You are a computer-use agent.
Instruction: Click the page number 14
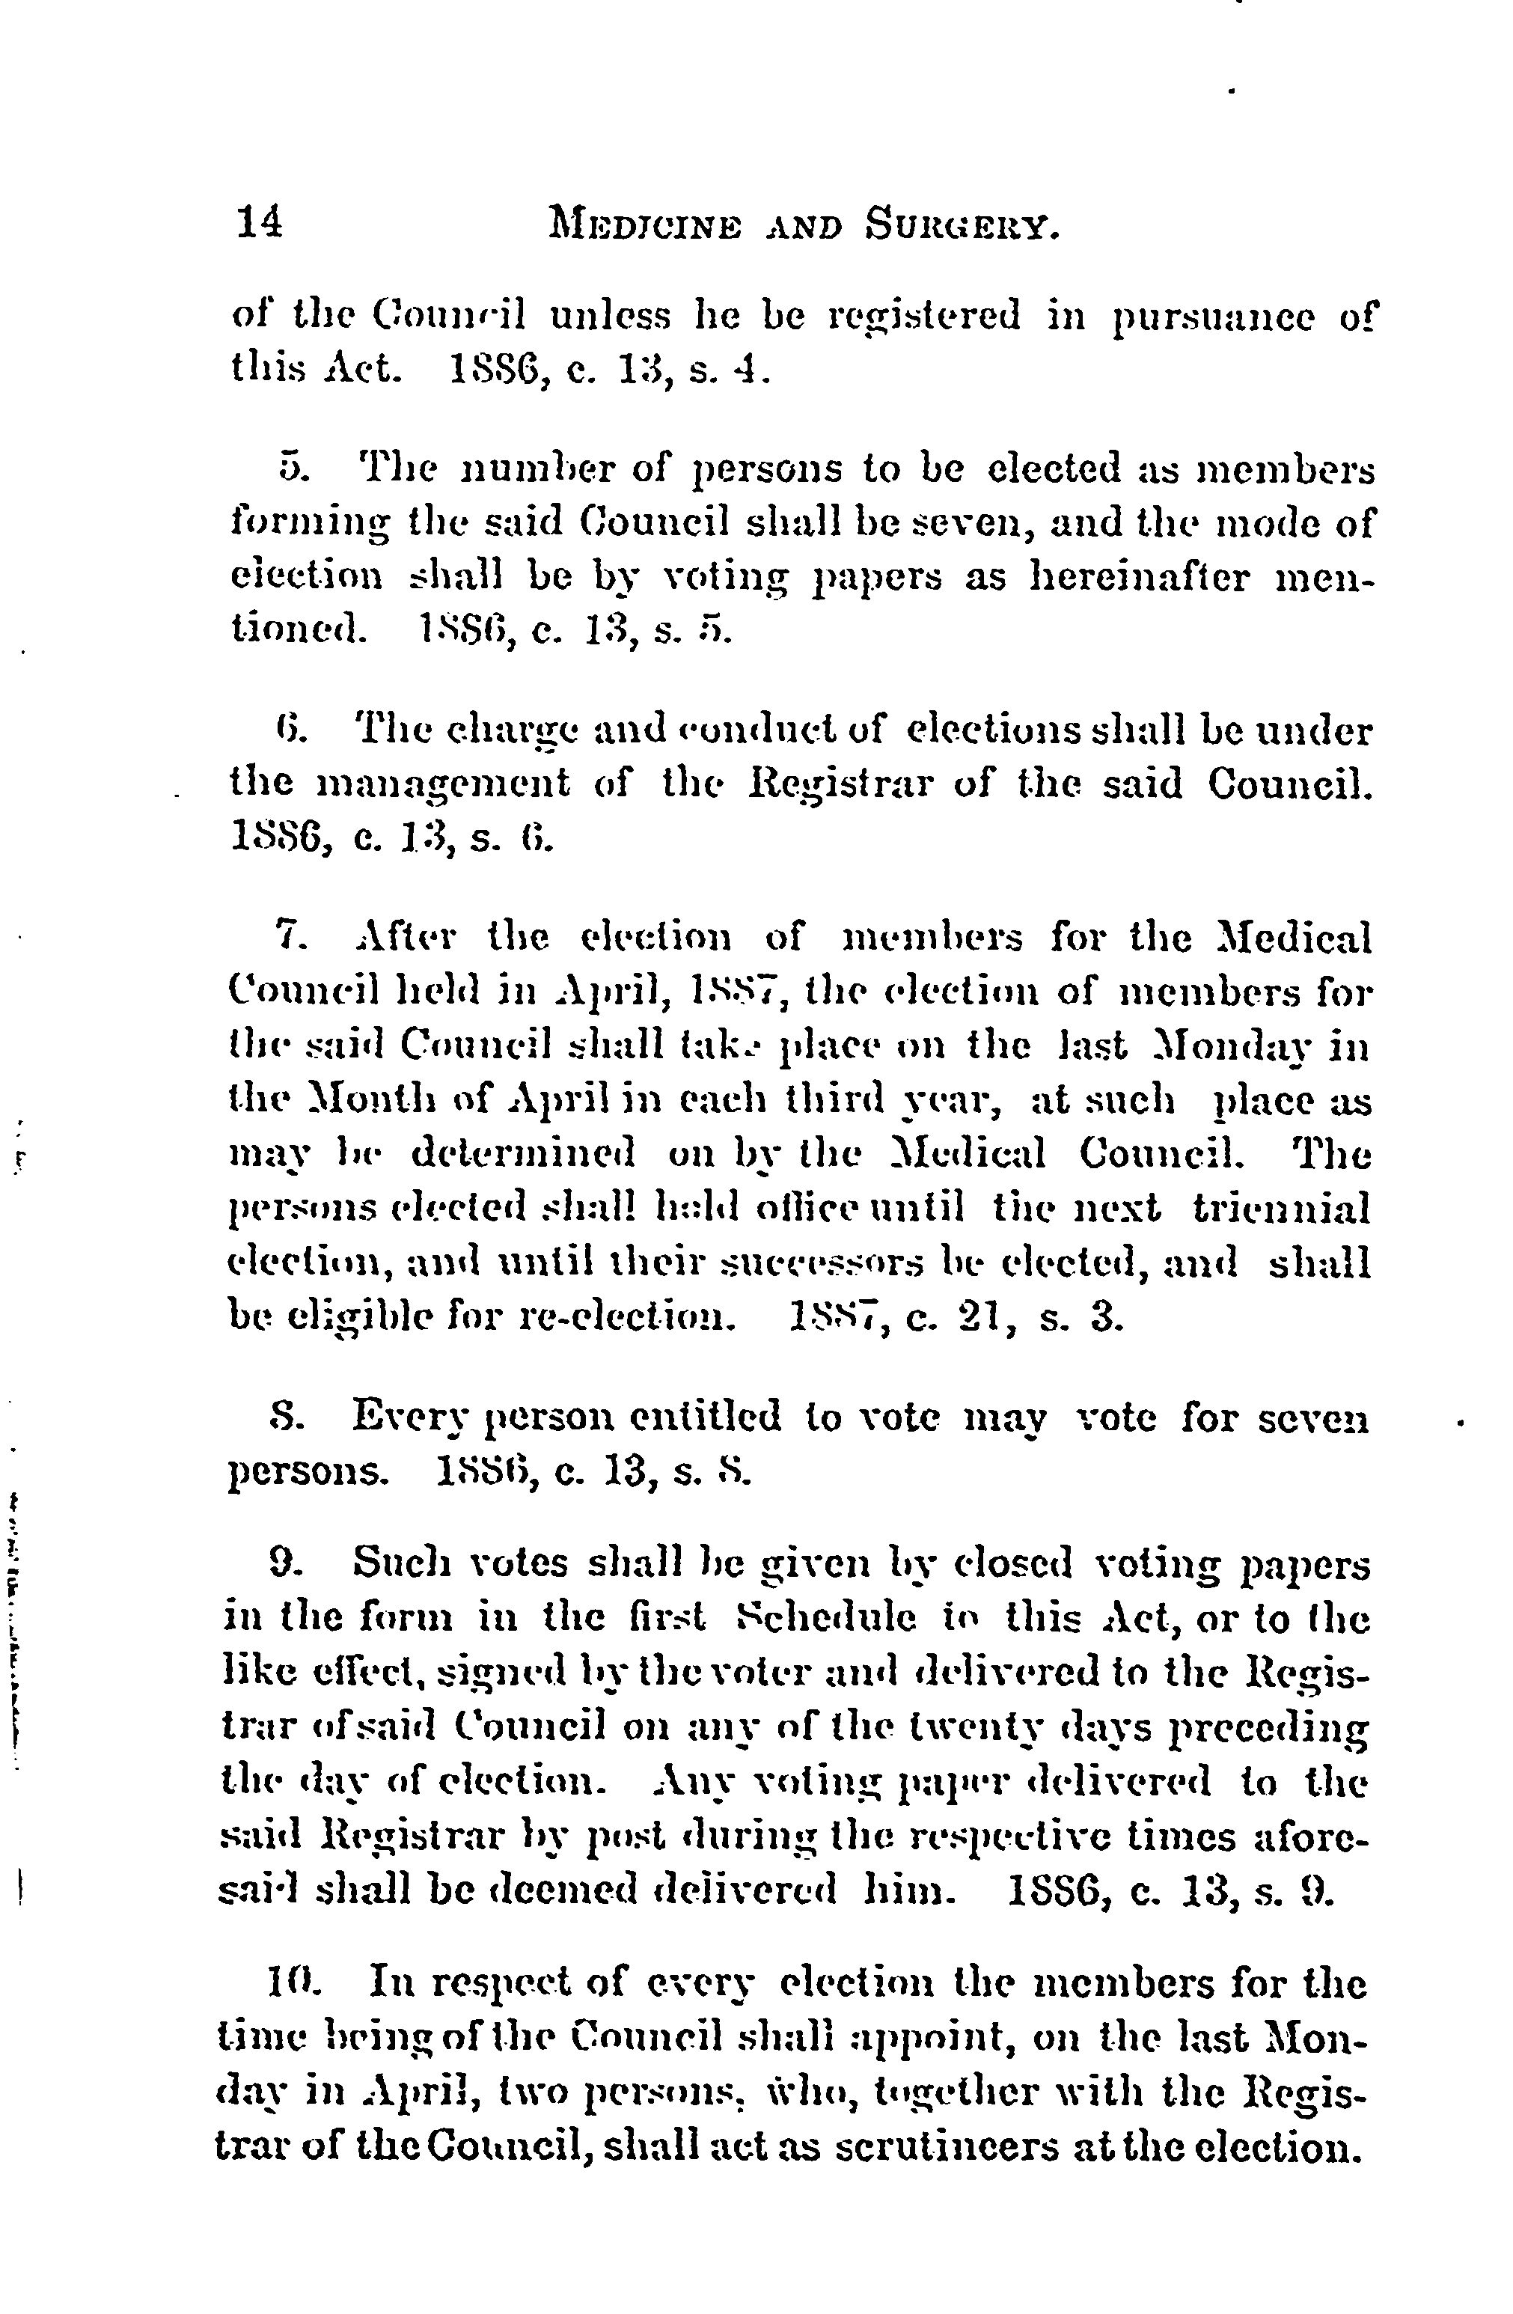(259, 223)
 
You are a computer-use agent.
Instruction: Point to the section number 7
(291, 940)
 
